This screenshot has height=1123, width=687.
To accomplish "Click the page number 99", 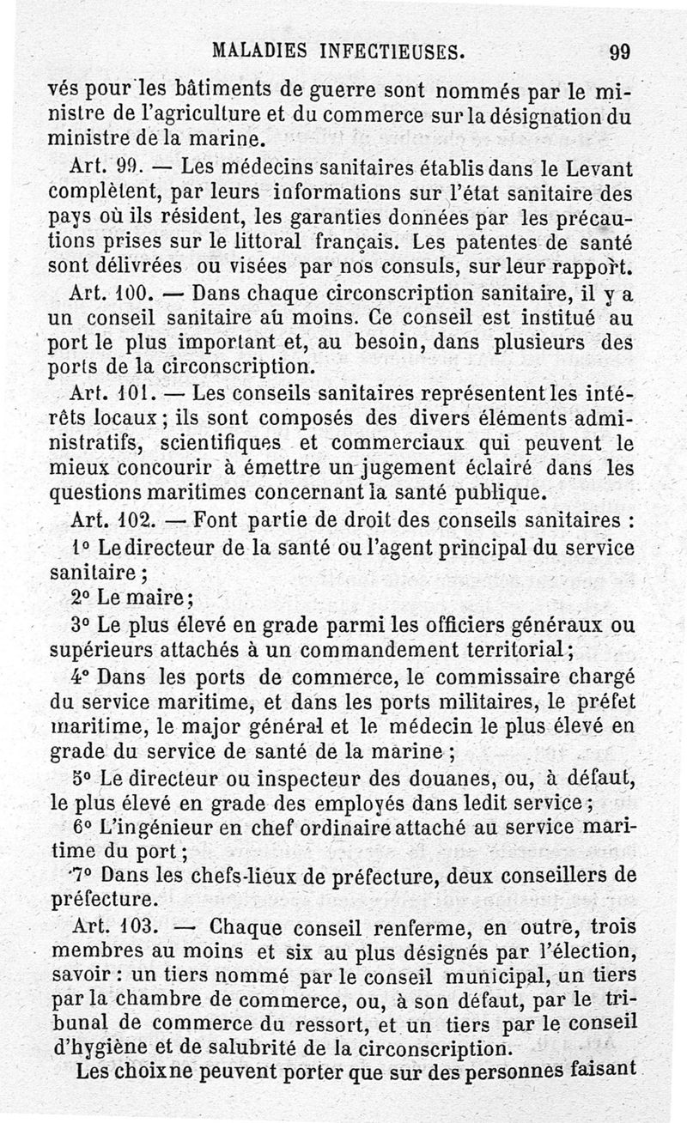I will coord(619,52).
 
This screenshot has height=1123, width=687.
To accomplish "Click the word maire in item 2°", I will coord(160,598).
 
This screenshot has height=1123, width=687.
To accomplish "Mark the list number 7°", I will coord(82,875).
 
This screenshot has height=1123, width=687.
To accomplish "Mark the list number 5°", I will coord(81,779).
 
